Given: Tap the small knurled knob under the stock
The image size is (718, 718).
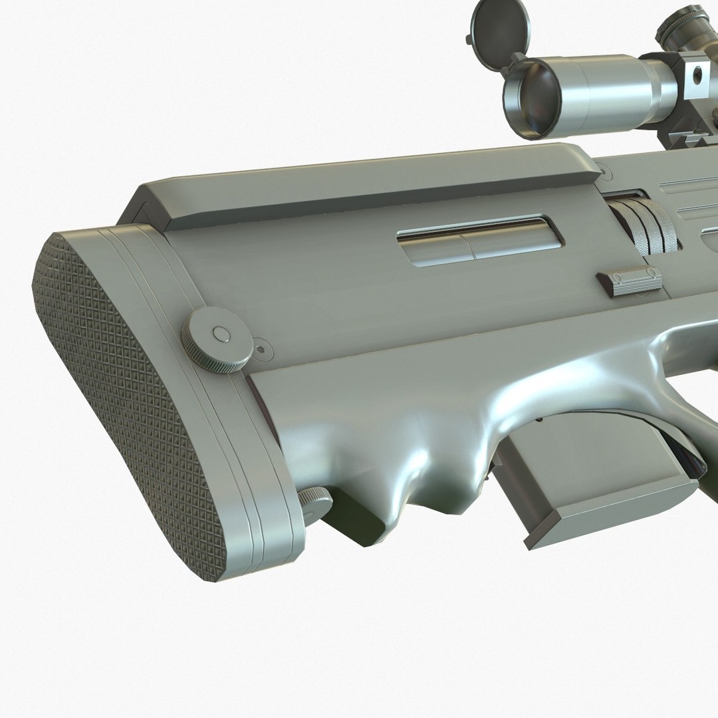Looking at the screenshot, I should pyautogui.click(x=316, y=502).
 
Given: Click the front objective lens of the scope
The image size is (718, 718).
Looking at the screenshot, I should pyautogui.click(x=532, y=97).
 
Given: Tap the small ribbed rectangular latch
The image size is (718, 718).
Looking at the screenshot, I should pyautogui.click(x=629, y=282).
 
